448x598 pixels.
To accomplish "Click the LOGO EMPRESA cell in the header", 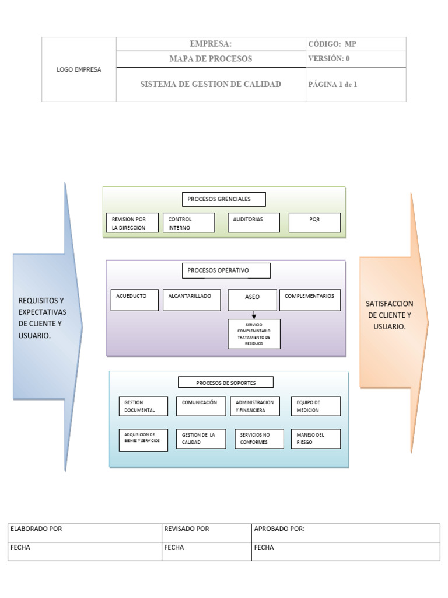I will pyautogui.click(x=79, y=69).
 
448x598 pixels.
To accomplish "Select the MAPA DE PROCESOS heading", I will pyautogui.click(x=211, y=59).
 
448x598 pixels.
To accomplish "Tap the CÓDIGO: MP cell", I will pyautogui.click(x=355, y=44).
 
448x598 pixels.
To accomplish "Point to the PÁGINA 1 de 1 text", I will pyautogui.click(x=332, y=84).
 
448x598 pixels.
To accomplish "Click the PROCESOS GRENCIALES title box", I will pyautogui.click(x=224, y=199).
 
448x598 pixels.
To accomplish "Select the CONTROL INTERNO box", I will pyautogui.click(x=188, y=222).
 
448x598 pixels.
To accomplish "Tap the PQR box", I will pyautogui.click(x=315, y=222).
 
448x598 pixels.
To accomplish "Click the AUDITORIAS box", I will pyautogui.click(x=254, y=222).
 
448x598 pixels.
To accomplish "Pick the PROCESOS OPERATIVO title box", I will pyautogui.click(x=226, y=270).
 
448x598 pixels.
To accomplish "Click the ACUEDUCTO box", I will pyautogui.click(x=134, y=300).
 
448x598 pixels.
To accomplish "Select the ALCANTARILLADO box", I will pyautogui.click(x=190, y=300).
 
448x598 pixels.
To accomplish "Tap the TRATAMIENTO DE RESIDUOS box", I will pyautogui.click(x=254, y=334).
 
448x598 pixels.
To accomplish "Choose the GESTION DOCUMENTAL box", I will pyautogui.click(x=143, y=406).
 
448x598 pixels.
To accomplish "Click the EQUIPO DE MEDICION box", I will pyautogui.click(x=316, y=406).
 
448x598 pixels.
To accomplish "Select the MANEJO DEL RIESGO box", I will pyautogui.click(x=316, y=439).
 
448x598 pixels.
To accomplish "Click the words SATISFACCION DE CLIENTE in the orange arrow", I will pyautogui.click(x=390, y=310).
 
